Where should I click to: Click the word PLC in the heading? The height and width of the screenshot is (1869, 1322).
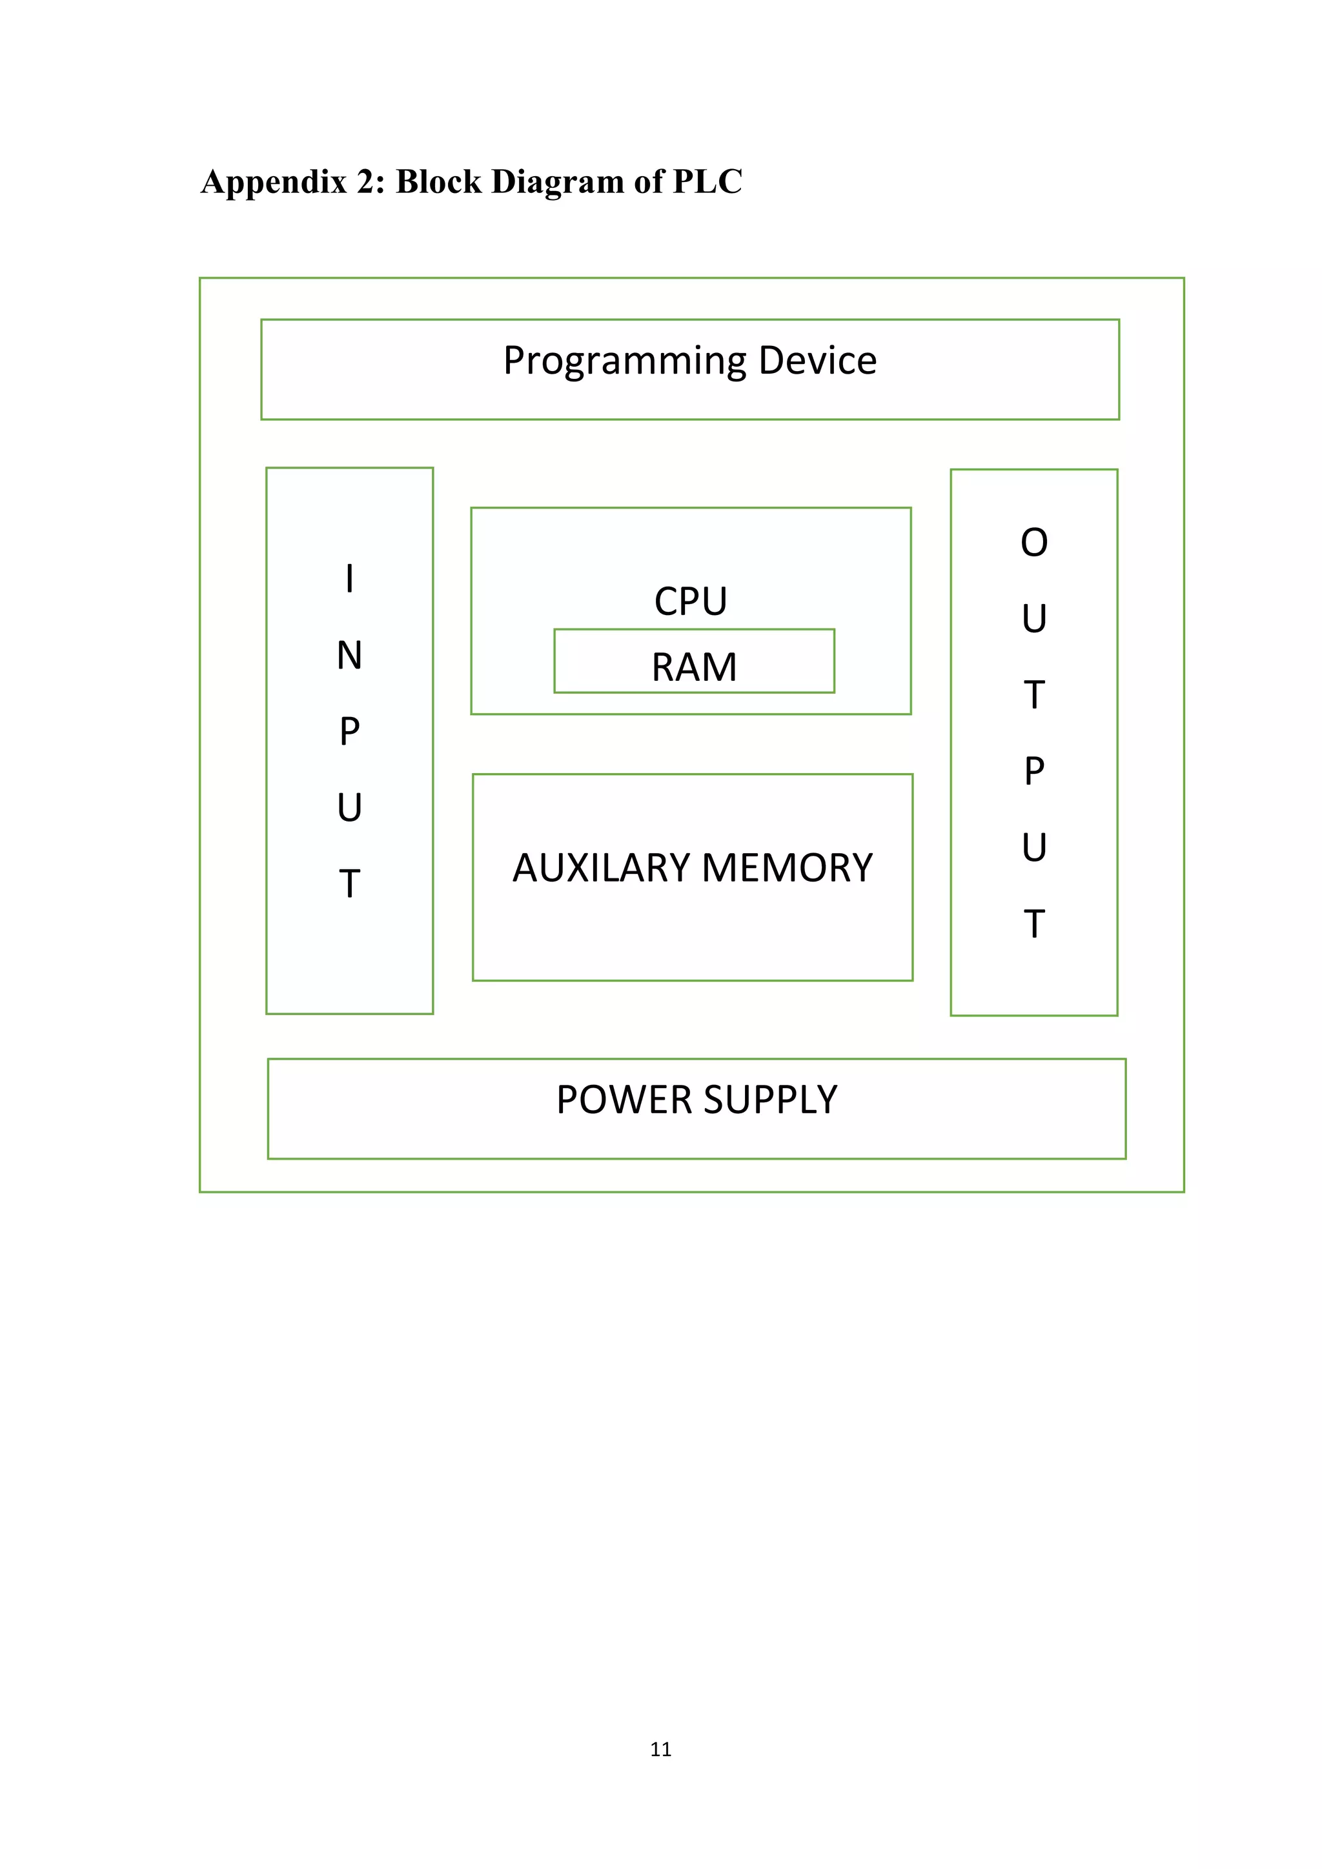[707, 181]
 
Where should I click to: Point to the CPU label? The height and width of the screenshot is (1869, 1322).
[690, 601]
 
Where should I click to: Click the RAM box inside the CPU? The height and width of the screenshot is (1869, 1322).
[693, 667]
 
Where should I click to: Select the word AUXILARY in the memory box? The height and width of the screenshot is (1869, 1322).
[601, 868]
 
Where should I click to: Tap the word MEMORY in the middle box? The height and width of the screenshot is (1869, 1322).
[786, 868]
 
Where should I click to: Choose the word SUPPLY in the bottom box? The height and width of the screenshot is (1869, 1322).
[770, 1100]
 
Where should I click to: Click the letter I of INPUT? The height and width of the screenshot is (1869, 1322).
[349, 579]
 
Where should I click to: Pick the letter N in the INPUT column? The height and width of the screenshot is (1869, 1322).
[349, 655]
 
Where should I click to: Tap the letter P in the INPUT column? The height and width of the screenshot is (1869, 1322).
[349, 731]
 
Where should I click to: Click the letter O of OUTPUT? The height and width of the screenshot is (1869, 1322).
[1034, 542]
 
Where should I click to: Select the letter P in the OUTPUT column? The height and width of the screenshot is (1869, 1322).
[1034, 771]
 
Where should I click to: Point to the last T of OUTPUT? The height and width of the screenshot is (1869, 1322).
[1034, 924]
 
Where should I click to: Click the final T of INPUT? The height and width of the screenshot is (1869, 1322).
[349, 884]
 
